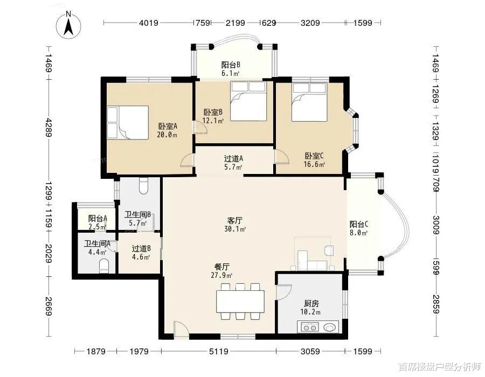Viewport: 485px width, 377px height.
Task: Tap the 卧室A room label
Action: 168,127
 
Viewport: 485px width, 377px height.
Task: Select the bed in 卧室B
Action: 248,101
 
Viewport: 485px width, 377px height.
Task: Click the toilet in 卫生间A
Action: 104,267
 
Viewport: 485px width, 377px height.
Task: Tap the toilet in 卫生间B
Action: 143,186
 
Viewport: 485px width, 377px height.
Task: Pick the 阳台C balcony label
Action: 359,225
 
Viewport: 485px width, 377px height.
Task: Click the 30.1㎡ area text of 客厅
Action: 235,229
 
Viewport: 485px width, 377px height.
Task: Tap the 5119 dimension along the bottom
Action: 219,351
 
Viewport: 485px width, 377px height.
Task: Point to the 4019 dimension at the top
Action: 149,23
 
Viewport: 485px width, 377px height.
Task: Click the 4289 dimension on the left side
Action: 49,126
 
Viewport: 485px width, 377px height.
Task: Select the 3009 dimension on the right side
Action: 436,225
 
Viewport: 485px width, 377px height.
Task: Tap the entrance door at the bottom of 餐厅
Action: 181,329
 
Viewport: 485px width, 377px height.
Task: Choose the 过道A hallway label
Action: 233,159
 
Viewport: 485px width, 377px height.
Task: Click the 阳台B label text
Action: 231,65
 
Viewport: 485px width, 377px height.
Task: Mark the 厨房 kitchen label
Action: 311,303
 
